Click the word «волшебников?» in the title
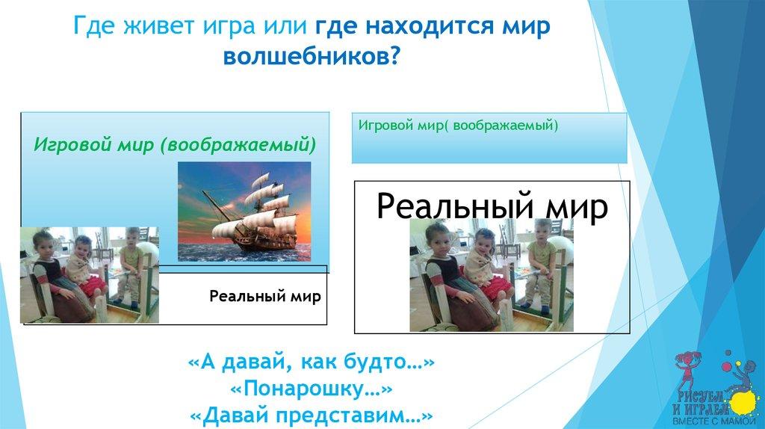tap(312, 57)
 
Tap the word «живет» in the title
tap(151, 25)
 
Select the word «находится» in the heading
tap(433, 26)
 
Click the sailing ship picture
tap(244, 212)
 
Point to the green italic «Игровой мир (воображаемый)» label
tap(175, 145)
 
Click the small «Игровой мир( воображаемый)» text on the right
tap(458, 126)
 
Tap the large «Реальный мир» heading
tap(492, 206)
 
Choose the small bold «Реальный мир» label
tap(265, 296)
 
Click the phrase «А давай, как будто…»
tap(312, 362)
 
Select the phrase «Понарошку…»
tap(312, 389)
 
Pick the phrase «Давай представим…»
tap(312, 416)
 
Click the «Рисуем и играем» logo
tap(716, 388)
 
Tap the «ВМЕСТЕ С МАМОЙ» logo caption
tap(713, 421)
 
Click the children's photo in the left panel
tap(90, 275)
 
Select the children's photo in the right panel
tap(492, 275)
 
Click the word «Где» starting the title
tap(95, 26)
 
